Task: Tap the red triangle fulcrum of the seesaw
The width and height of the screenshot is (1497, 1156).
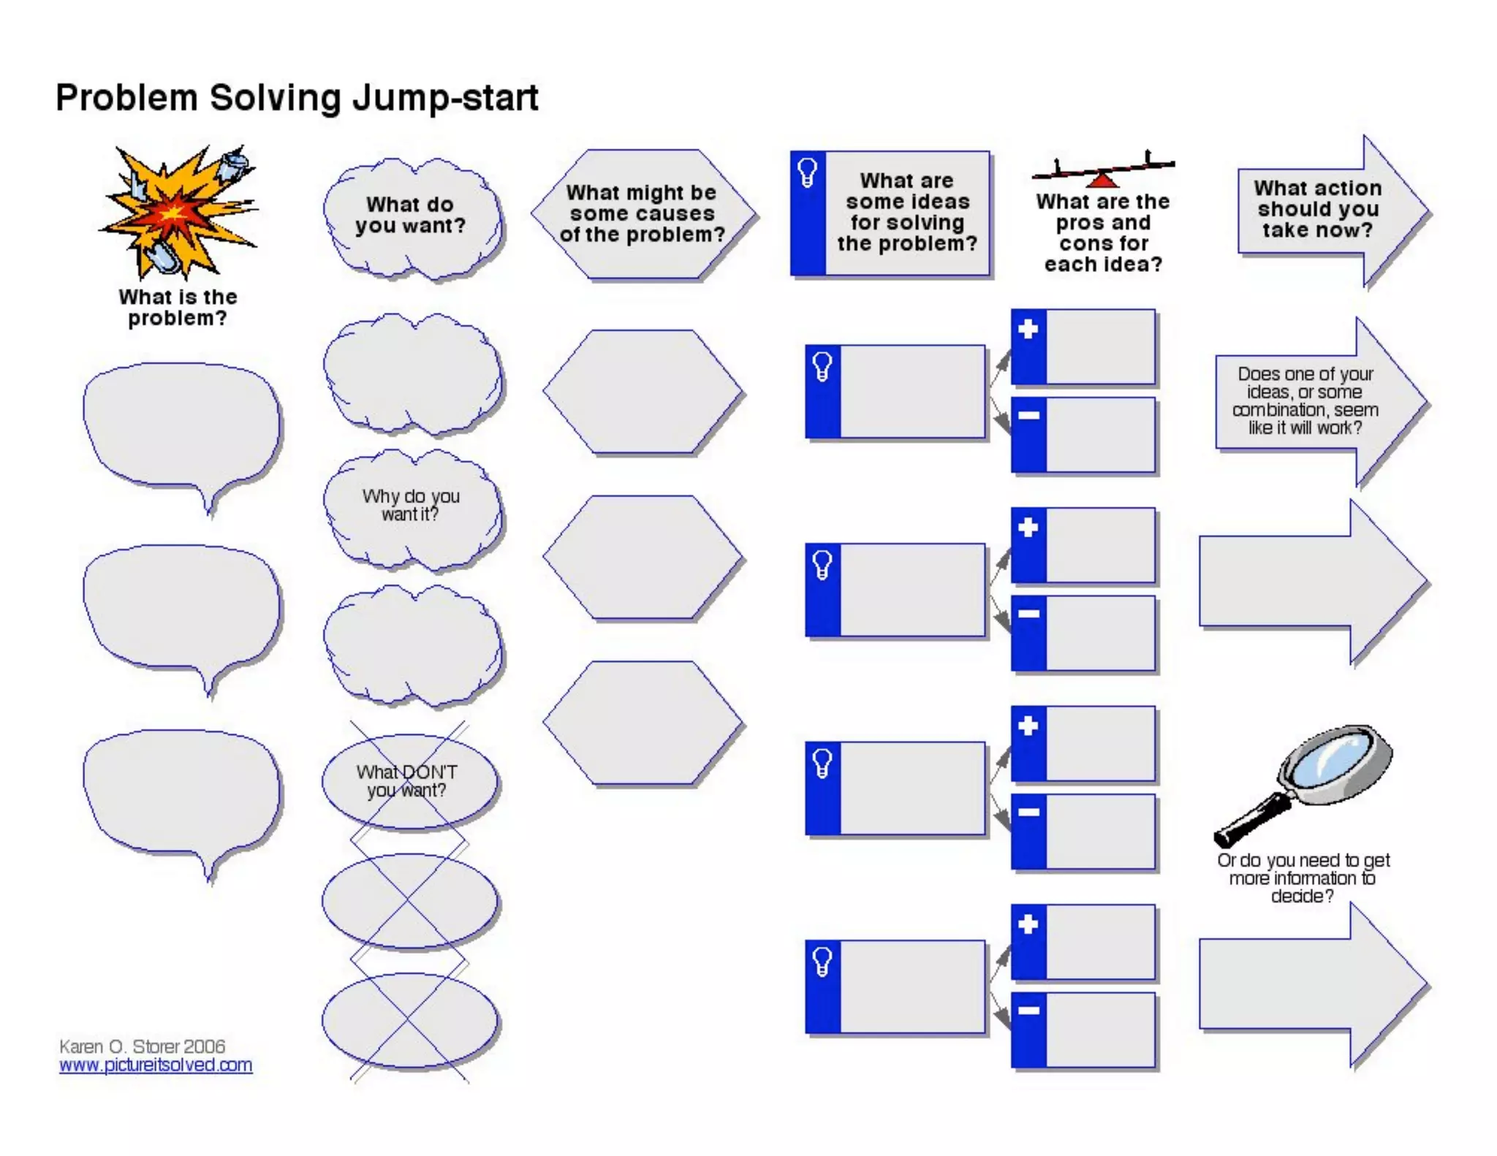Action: [x=1102, y=179]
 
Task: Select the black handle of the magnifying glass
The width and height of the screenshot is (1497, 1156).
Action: [x=1251, y=821]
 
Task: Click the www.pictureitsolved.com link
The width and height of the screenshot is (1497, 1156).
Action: [x=156, y=1065]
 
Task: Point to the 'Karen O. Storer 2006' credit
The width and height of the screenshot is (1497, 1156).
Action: [x=142, y=1046]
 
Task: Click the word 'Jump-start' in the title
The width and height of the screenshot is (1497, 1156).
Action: [x=445, y=99]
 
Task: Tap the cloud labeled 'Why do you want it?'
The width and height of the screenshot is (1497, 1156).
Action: [x=412, y=509]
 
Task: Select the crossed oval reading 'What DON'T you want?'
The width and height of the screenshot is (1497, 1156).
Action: [x=409, y=781]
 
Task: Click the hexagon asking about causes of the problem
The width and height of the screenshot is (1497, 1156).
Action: [x=643, y=214]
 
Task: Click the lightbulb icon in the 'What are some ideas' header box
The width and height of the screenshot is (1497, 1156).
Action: [x=808, y=173]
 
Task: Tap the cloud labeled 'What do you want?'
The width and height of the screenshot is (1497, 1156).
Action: [x=412, y=217]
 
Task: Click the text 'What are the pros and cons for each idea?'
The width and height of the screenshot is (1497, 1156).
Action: [x=1102, y=232]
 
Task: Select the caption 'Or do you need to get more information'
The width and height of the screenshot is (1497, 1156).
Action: [x=1303, y=878]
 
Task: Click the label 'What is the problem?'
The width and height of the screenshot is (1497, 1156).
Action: [x=178, y=308]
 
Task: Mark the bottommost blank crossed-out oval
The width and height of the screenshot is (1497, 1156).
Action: [x=409, y=1021]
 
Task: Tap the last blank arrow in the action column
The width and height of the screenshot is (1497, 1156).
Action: [x=1308, y=985]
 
